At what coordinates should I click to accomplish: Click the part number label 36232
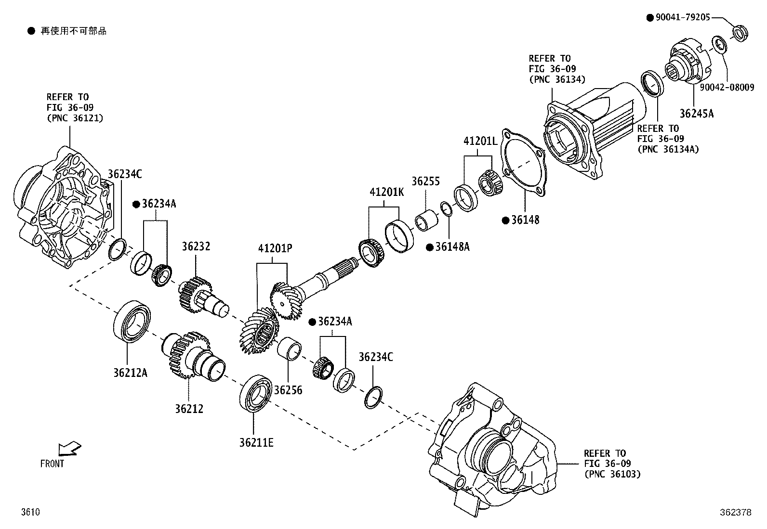196,246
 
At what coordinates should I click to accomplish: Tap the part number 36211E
256,442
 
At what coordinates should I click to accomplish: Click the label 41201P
275,248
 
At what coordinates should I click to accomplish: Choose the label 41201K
386,192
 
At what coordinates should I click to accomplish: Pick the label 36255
425,181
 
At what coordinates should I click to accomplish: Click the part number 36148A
452,247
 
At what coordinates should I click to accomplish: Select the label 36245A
696,114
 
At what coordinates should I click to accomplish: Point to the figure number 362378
735,513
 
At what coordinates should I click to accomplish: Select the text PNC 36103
612,474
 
